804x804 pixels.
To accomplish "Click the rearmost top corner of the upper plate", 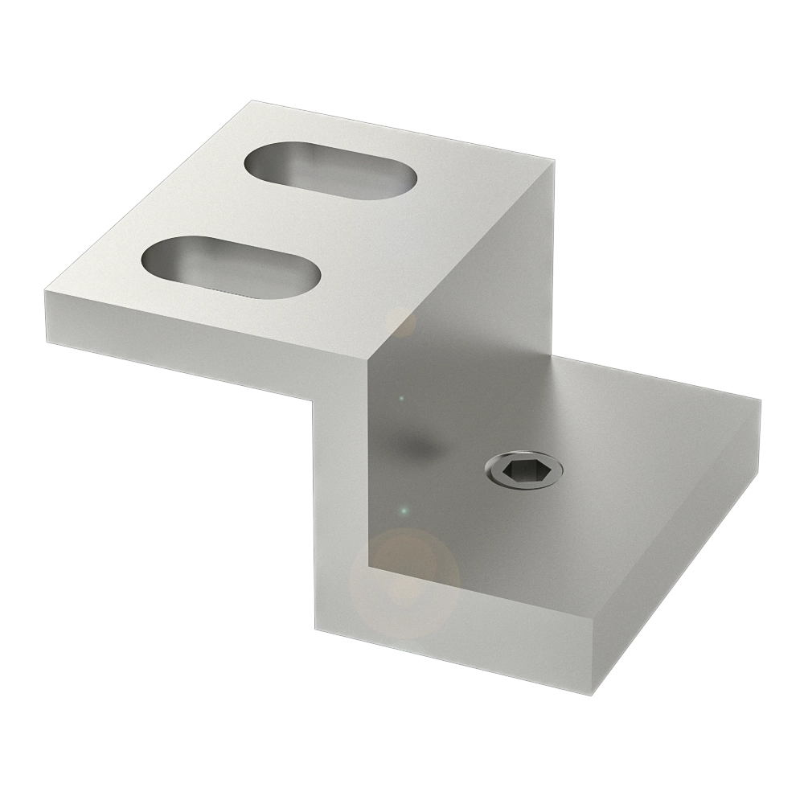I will pyautogui.click(x=251, y=102).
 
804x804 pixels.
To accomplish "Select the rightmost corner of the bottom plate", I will pyautogui.click(x=760, y=400).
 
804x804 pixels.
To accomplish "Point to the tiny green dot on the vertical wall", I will pyautogui.click(x=404, y=510).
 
